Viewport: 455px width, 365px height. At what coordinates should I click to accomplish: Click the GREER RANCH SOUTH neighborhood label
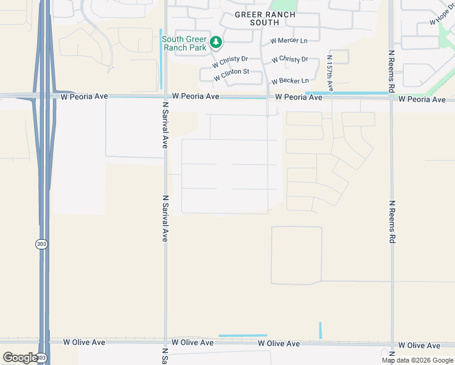click(265, 18)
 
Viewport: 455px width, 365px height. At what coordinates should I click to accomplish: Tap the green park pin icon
click(216, 43)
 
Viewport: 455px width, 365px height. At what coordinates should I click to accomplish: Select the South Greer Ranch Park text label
click(184, 44)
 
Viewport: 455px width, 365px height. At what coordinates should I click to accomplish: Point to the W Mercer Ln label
click(290, 41)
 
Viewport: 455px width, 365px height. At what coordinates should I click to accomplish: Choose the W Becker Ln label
click(290, 81)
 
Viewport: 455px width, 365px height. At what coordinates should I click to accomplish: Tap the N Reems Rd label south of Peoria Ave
click(392, 221)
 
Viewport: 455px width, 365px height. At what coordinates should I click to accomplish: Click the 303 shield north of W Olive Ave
click(41, 243)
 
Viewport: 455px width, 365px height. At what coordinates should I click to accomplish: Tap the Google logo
click(20, 358)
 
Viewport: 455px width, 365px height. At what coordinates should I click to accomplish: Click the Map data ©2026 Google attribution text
click(417, 360)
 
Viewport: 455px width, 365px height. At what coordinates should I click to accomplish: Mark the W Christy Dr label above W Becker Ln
click(290, 60)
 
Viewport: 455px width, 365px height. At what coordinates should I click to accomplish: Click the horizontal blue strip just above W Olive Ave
click(243, 335)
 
